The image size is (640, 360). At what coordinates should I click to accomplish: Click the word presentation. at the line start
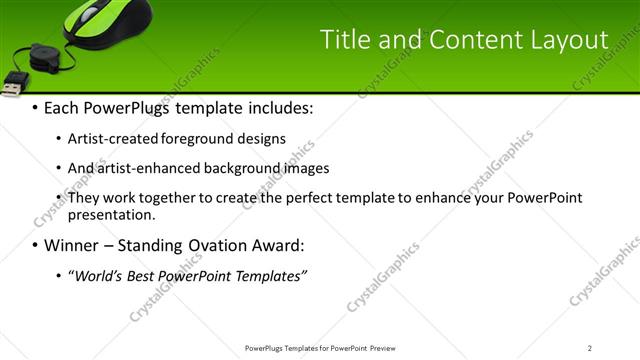[x=111, y=214]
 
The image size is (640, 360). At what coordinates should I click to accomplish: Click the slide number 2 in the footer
[x=590, y=348]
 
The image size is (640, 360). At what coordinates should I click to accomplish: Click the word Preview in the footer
[x=388, y=348]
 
